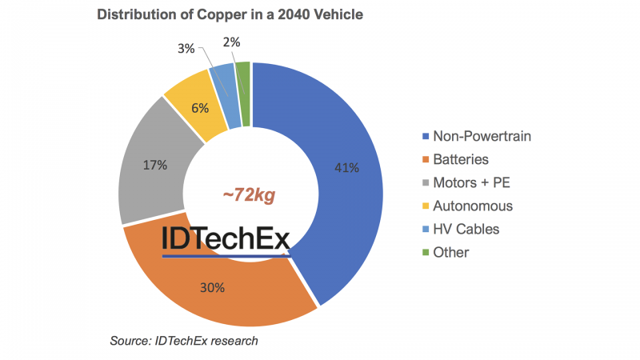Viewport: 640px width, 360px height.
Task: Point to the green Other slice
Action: [x=245, y=94]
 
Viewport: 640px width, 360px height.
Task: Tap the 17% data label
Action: [x=154, y=166]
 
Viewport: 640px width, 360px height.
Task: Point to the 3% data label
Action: [x=186, y=48]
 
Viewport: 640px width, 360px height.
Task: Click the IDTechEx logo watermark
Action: [x=226, y=239]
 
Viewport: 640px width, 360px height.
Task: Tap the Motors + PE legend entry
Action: [x=472, y=182]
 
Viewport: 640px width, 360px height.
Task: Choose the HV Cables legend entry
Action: [x=466, y=229]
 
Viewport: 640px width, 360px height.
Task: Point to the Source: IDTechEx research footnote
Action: [x=183, y=342]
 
